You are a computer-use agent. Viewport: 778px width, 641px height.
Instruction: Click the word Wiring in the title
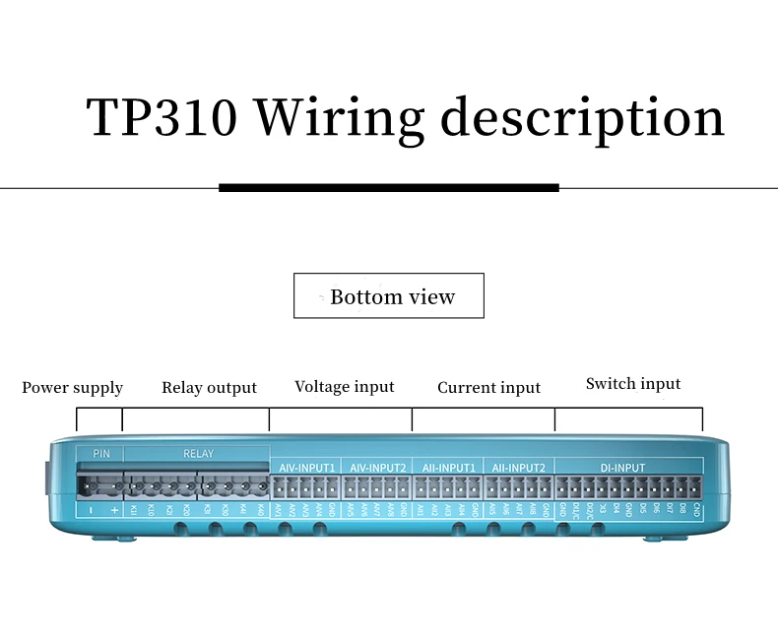(339, 118)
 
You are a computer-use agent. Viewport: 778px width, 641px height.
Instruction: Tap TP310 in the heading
(162, 118)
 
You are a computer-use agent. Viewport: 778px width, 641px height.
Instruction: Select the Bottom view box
(389, 296)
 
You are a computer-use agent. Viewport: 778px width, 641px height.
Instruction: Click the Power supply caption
(73, 388)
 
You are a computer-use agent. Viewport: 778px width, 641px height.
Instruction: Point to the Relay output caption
(209, 388)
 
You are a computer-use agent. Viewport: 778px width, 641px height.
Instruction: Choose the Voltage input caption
(345, 387)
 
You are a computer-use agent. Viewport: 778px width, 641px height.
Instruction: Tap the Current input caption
(488, 388)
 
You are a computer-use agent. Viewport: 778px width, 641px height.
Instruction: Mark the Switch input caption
(633, 384)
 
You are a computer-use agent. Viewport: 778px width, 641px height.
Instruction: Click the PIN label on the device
(100, 454)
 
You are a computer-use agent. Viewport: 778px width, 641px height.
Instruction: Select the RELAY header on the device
(198, 454)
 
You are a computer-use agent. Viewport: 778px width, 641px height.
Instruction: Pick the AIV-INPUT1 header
(304, 467)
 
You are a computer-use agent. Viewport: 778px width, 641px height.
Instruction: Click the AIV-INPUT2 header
(377, 467)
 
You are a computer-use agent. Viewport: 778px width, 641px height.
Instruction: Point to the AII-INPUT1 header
(448, 467)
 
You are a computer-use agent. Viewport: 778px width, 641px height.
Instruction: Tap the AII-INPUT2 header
(519, 467)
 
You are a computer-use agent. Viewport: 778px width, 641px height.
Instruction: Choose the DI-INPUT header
(623, 467)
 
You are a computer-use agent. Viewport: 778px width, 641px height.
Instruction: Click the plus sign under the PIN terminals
(114, 510)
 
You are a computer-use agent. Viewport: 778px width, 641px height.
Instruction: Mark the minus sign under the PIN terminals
(92, 510)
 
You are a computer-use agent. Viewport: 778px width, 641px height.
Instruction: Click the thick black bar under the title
(388, 187)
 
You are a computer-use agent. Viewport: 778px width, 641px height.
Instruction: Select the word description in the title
(582, 118)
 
